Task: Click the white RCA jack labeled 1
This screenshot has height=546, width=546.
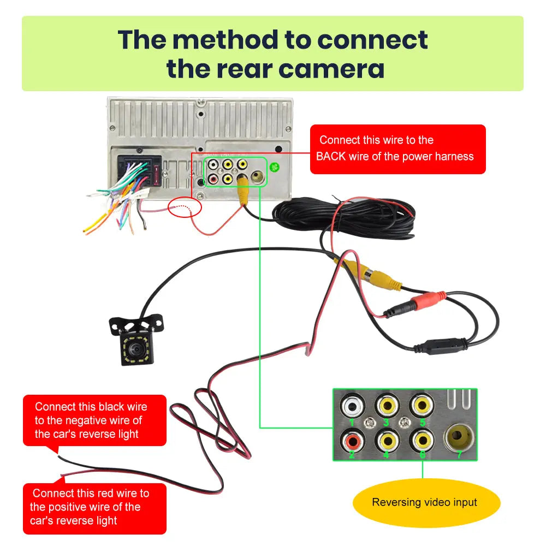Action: [x=351, y=407]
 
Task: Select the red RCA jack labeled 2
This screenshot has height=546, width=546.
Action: [x=351, y=440]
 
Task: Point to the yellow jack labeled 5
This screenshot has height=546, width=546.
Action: [x=421, y=406]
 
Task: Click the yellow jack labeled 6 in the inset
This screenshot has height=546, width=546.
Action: [x=421, y=440]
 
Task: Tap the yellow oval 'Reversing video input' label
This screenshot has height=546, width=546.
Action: [x=424, y=502]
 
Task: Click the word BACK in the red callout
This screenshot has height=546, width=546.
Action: [x=331, y=157]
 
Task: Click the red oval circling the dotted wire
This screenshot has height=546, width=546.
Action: [x=185, y=207]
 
